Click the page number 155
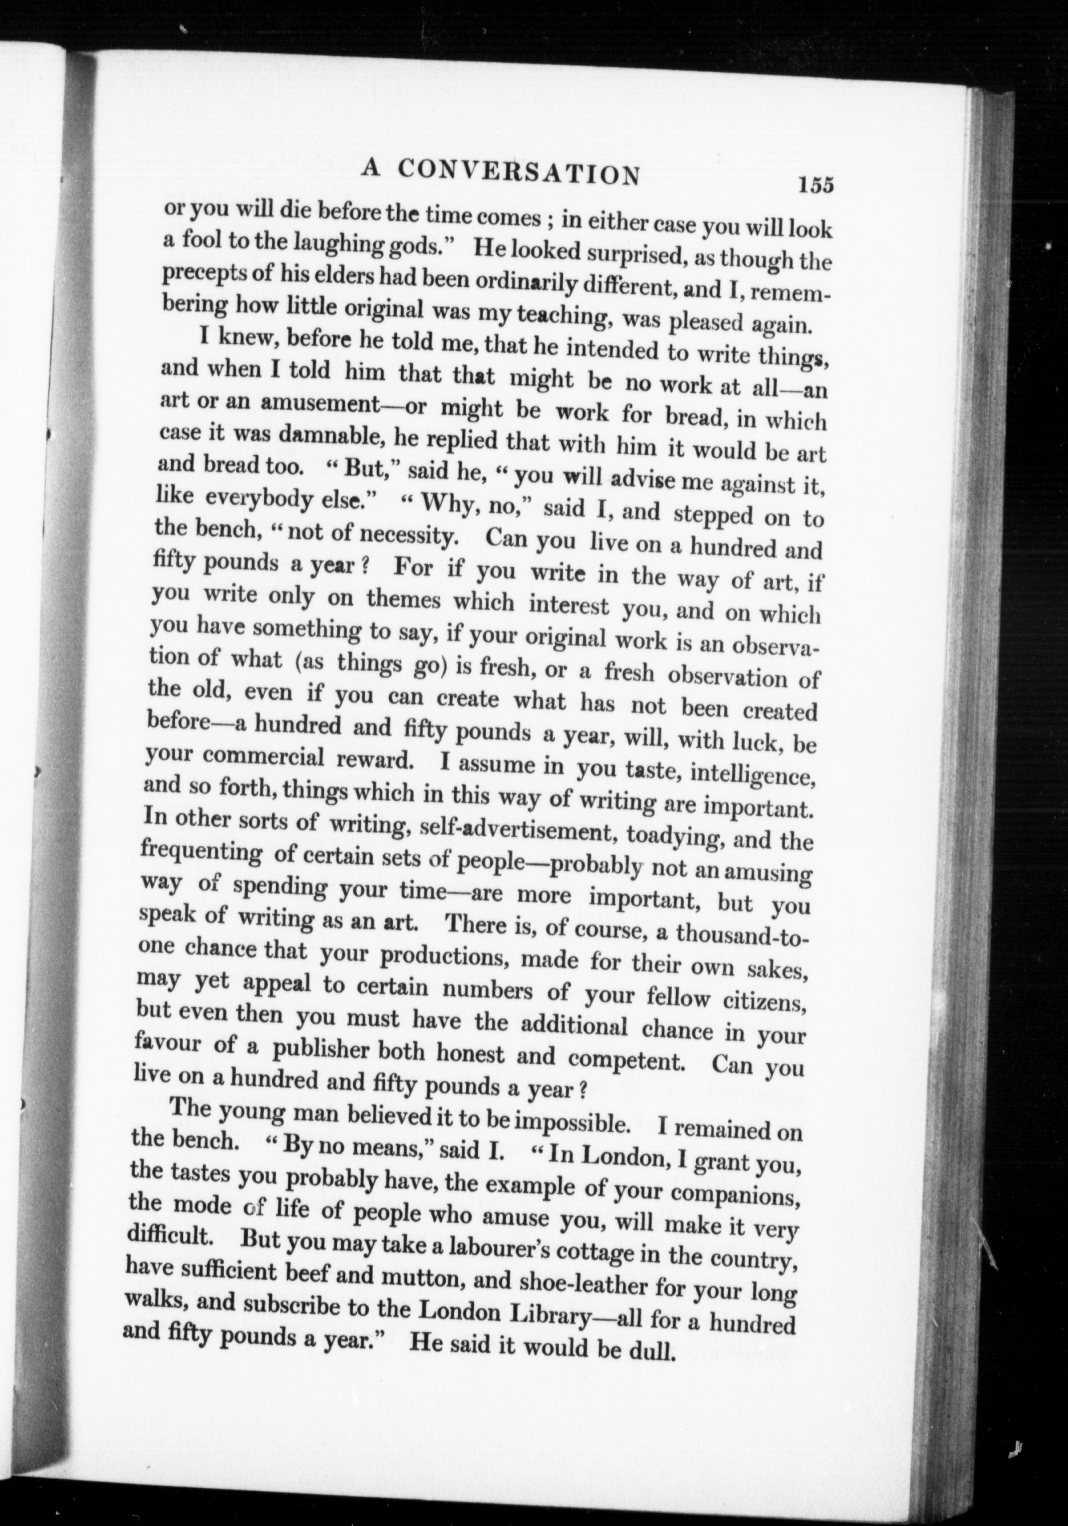click(x=816, y=184)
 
